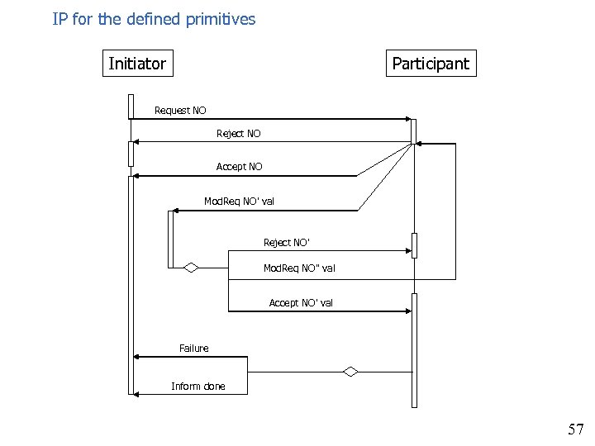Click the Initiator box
pos(138,64)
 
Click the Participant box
pos(431,64)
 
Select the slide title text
pos(155,18)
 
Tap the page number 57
pos(575,429)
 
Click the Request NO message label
pos(180,111)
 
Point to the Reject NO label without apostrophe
pos(238,134)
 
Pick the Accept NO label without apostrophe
pos(239,167)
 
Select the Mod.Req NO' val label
pos(239,202)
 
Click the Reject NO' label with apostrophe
pos(287,243)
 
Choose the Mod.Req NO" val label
pos(299,268)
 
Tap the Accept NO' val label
pos(301,303)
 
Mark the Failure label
pos(194,349)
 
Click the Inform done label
pos(198,387)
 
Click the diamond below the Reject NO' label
pos(192,267)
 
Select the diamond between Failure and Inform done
pos(350,372)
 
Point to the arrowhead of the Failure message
pos(137,357)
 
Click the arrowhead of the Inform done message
pos(137,395)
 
